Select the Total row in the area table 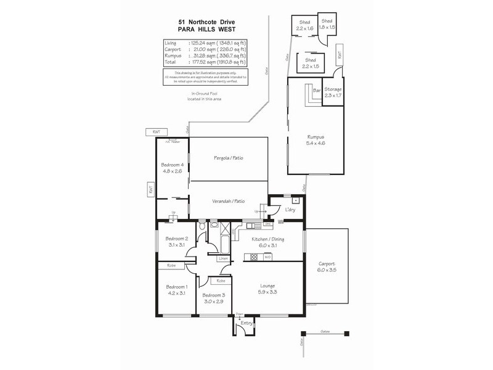pos(205,62)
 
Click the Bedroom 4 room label pos(173,165)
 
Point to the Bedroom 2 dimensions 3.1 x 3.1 pos(177,245)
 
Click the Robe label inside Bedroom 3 pos(220,281)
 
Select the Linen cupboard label pos(223,259)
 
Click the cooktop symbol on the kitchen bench pos(251,257)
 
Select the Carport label pos(327,263)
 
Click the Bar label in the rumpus pos(317,91)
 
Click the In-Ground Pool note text pos(205,96)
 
